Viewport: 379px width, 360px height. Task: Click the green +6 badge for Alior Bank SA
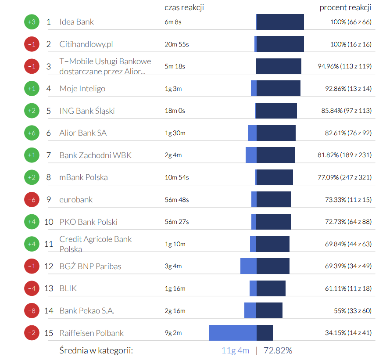(x=32, y=133)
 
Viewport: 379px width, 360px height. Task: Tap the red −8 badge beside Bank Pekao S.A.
(x=32, y=311)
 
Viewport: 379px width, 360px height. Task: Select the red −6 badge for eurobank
(x=32, y=200)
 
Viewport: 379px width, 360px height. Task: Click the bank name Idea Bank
(x=77, y=22)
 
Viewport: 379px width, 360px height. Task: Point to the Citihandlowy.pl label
(x=86, y=44)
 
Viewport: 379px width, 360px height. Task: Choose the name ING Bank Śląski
(x=87, y=111)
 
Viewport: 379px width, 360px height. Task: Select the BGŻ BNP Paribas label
(x=90, y=266)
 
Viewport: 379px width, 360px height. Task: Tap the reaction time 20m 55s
(x=177, y=44)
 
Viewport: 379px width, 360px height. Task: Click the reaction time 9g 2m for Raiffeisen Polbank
(x=173, y=333)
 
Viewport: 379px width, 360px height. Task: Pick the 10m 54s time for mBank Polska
(x=177, y=177)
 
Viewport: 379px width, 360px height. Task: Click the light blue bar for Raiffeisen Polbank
(x=233, y=333)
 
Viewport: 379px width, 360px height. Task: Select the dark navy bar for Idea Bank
(x=280, y=22)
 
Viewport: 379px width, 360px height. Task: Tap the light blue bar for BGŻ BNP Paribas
(x=248, y=266)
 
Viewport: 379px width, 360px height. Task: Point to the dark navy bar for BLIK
(x=271, y=288)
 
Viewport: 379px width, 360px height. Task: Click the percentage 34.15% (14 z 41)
(x=348, y=333)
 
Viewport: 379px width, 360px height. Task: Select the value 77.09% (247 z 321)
(x=347, y=177)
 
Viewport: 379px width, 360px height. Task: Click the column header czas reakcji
(x=184, y=7)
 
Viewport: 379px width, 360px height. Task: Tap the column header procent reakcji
(x=346, y=7)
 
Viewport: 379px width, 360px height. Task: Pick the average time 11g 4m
(x=235, y=350)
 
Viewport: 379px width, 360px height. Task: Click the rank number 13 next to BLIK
(x=49, y=288)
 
